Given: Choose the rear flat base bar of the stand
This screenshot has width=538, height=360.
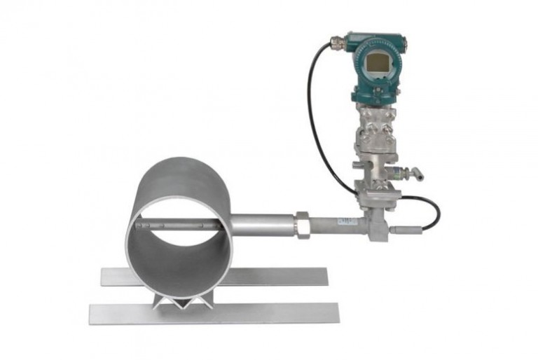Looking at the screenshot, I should coord(280,277).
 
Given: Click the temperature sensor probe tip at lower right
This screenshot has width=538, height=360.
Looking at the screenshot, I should coord(403,230).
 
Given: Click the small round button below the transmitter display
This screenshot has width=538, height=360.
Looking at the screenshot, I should coord(379,87).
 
